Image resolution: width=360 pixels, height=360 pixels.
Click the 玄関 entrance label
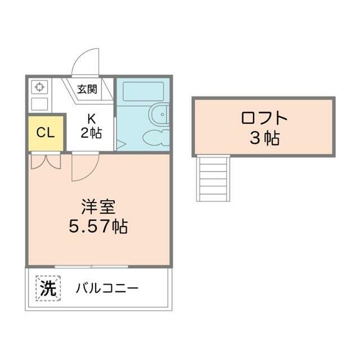(x=87, y=89)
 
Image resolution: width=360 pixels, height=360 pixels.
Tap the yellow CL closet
(x=46, y=133)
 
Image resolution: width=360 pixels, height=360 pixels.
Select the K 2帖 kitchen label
(x=91, y=126)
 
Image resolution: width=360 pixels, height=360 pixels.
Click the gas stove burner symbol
(x=39, y=87)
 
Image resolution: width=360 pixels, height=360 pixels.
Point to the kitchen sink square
(x=39, y=104)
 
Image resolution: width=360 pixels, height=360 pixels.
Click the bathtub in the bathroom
(x=143, y=92)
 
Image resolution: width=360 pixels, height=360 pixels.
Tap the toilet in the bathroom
(x=159, y=115)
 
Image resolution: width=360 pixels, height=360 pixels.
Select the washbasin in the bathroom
(x=156, y=137)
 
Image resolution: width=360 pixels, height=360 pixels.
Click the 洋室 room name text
(x=98, y=207)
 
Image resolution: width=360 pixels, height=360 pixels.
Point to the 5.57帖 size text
(x=98, y=226)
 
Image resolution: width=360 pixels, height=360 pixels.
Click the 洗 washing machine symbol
(x=48, y=289)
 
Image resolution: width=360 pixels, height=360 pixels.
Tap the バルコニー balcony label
(x=107, y=289)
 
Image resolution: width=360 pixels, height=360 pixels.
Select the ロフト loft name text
(x=264, y=118)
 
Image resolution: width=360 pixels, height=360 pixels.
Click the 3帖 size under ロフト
(x=264, y=138)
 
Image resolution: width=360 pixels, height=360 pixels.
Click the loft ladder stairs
(x=213, y=179)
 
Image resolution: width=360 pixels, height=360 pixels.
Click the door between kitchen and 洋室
(x=85, y=166)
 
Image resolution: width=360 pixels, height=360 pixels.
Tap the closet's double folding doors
(x=46, y=161)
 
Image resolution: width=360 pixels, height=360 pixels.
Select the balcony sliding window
(x=91, y=267)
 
